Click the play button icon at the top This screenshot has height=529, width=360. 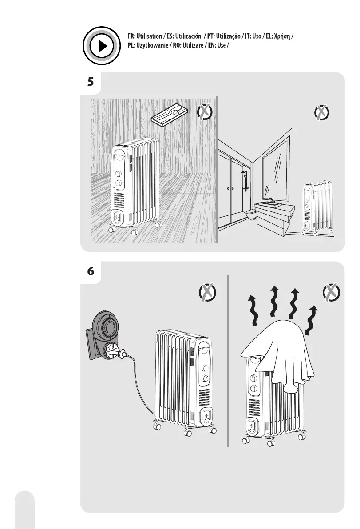[102, 46]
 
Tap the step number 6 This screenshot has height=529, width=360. [91, 272]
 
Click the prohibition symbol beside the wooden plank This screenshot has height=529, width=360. [204, 113]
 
